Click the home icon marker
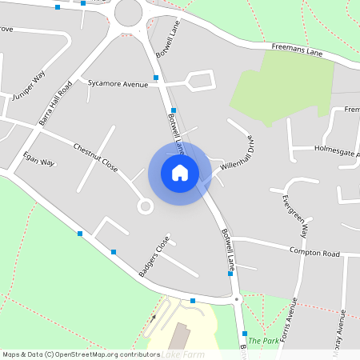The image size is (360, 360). click(180, 172)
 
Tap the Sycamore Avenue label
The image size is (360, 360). click(118, 83)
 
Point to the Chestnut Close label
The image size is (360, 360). click(95, 158)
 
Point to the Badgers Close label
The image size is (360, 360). click(154, 257)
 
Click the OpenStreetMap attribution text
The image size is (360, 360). click(81, 354)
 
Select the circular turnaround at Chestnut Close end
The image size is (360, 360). click(145, 206)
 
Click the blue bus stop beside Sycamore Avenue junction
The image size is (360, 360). click(157, 78)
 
